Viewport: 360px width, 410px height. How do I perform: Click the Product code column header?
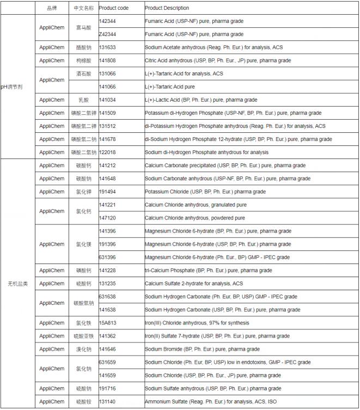pyautogui.click(x=113, y=8)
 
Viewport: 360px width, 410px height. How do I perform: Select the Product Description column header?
pyautogui.click(x=167, y=8)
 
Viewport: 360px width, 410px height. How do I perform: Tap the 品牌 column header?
pyautogui.click(x=52, y=8)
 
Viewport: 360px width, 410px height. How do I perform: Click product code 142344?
pyautogui.click(x=107, y=21)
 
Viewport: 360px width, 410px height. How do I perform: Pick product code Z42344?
pyautogui.click(x=107, y=34)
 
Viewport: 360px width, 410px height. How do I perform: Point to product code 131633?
pyautogui.click(x=107, y=47)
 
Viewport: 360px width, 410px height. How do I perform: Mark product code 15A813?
pyautogui.click(x=107, y=323)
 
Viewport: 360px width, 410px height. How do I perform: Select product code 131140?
pyautogui.click(x=107, y=401)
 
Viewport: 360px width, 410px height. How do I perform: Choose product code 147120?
pyautogui.click(x=107, y=218)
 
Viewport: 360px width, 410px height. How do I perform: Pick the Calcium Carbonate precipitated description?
pyautogui.click(x=225, y=166)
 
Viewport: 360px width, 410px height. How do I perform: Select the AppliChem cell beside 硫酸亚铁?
pyautogui.click(x=52, y=336)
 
